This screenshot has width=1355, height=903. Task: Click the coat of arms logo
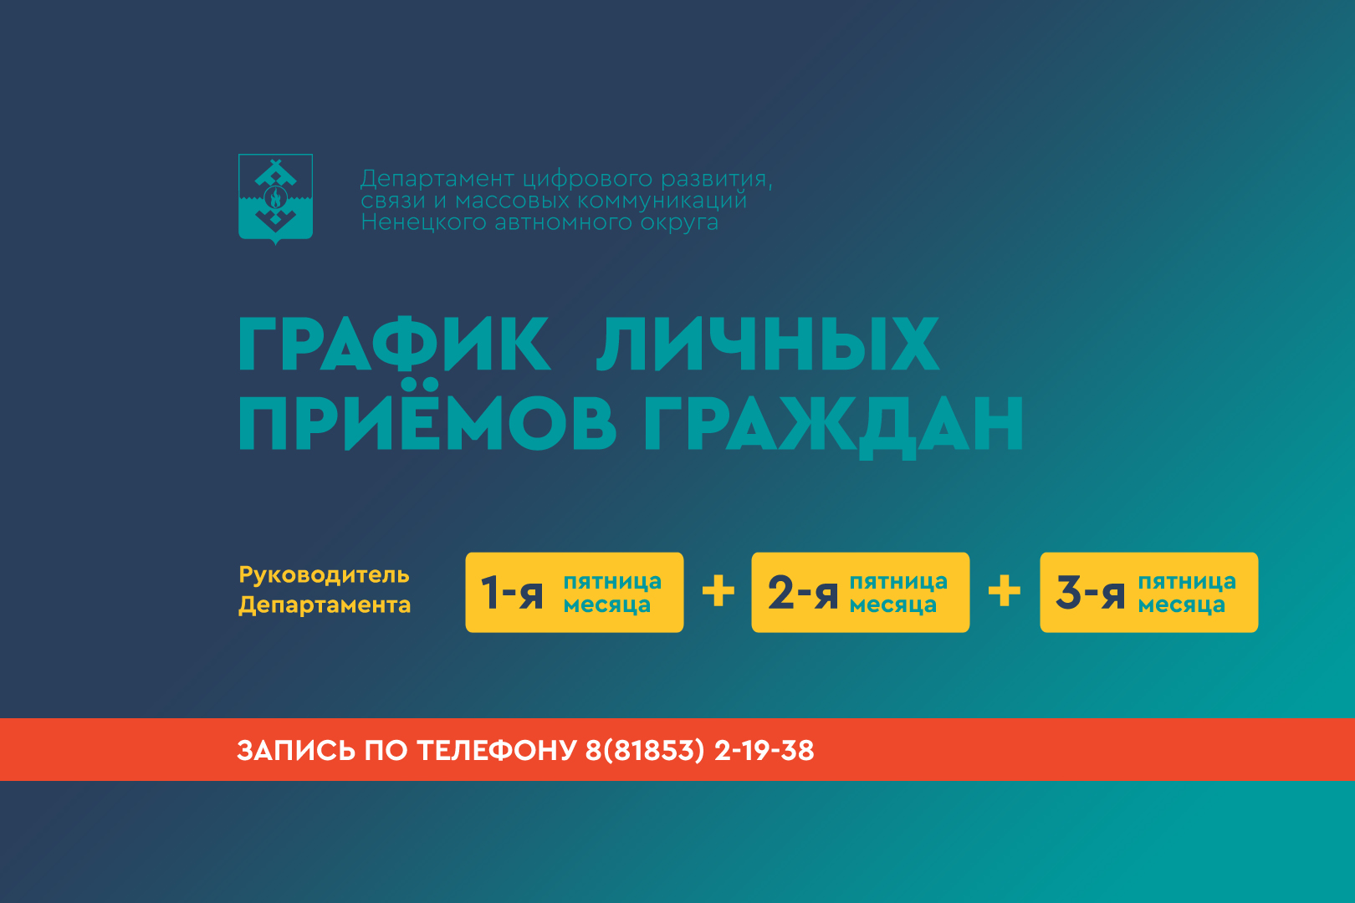(275, 198)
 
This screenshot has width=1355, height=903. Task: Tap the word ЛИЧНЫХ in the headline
(768, 344)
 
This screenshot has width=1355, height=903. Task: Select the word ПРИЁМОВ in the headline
(427, 416)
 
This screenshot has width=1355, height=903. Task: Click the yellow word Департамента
(325, 605)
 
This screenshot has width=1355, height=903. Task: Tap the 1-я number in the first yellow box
(512, 593)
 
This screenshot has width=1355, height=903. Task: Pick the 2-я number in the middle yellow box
(803, 593)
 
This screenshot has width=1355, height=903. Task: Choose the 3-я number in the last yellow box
(1090, 593)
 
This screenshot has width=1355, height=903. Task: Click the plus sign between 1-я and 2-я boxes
(718, 590)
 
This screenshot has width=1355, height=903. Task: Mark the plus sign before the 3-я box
(1005, 590)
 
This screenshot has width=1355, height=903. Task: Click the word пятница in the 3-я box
(1187, 582)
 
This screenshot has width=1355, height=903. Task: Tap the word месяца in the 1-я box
(606, 605)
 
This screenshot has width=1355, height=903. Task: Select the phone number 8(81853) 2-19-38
(699, 751)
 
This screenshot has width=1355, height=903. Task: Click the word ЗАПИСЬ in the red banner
(296, 751)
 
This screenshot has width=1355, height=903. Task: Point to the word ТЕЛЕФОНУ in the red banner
(497, 751)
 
